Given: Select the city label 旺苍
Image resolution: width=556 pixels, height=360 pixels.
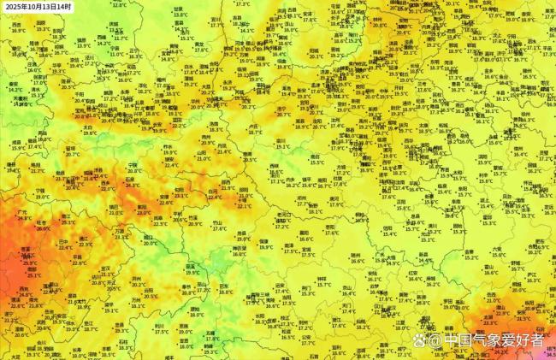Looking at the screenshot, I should [43, 221].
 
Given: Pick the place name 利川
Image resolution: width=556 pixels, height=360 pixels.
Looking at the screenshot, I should [159, 325].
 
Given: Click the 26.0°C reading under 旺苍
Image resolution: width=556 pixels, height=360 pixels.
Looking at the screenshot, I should [43, 228].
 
